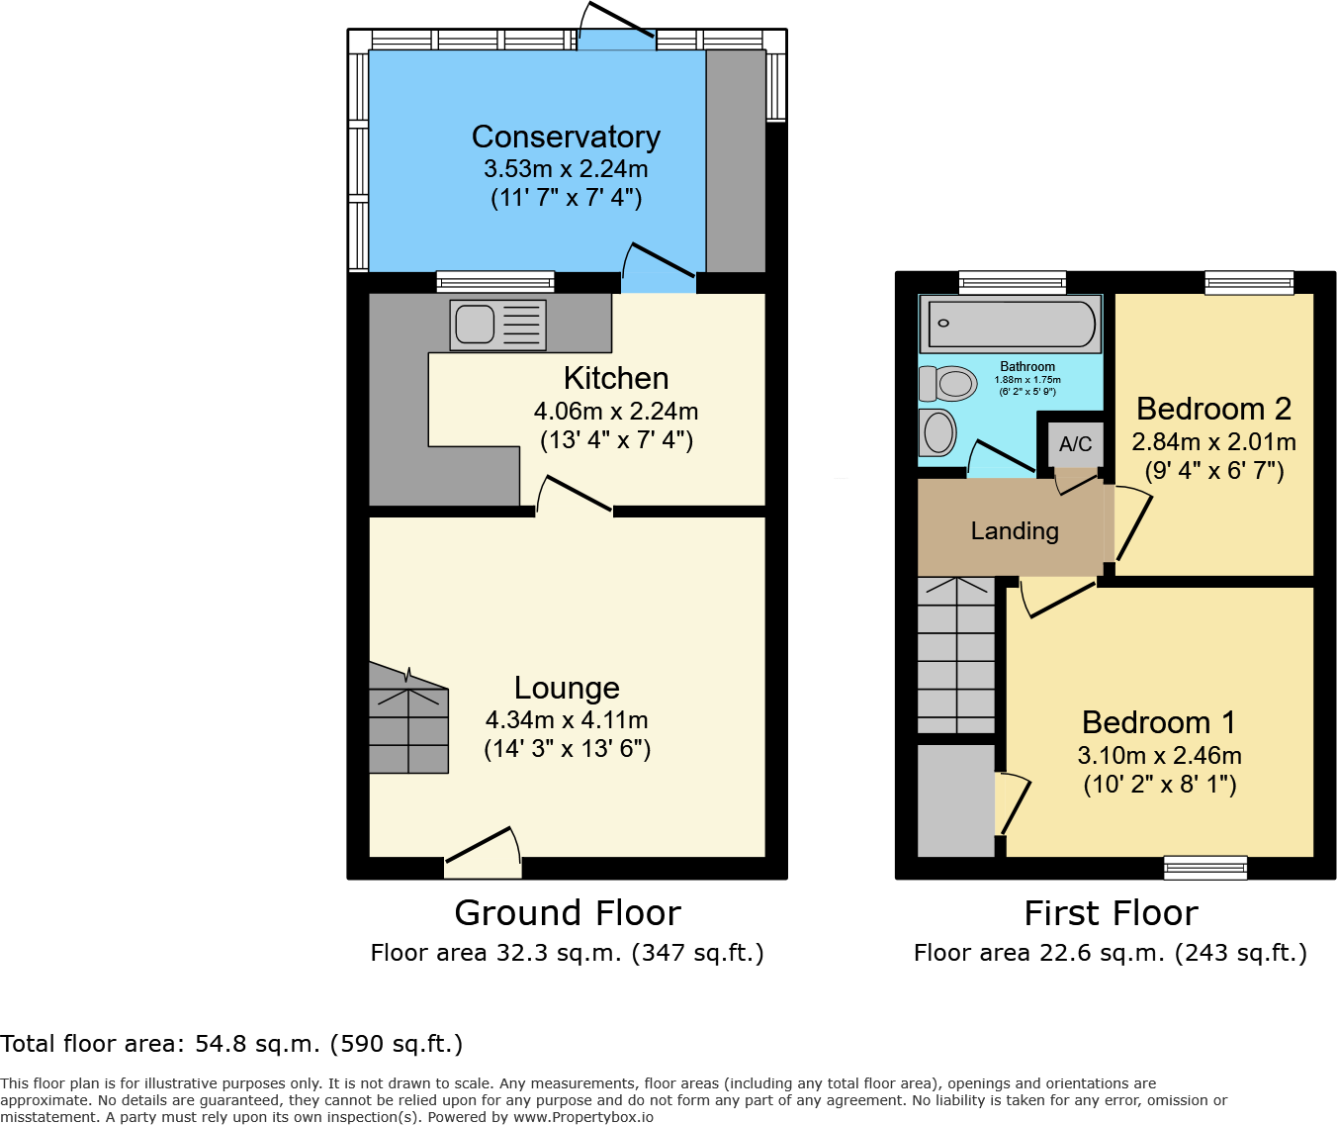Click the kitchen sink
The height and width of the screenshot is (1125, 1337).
[x=497, y=325]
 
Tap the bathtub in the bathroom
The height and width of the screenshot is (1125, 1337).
[x=1011, y=324]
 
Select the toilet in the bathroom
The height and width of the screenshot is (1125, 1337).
[x=947, y=383]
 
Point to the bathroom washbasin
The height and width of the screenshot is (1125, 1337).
[x=937, y=432]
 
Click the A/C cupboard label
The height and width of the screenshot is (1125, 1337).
[x=1075, y=443]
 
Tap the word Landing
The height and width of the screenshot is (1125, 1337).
[x=1015, y=531]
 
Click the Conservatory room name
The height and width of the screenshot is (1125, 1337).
[x=566, y=137]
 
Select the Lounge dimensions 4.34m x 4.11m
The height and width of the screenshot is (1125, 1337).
[x=567, y=720]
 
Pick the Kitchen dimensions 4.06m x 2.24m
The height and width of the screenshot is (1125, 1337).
[x=616, y=411]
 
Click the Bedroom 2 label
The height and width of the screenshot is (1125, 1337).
[x=1214, y=408]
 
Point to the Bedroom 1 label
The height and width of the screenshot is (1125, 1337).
[x=1159, y=722]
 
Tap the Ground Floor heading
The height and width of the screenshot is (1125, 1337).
[x=568, y=913]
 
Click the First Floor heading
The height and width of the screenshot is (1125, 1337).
[x=1111, y=913]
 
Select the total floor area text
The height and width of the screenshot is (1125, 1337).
[x=231, y=1044]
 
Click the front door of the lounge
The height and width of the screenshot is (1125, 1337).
[x=484, y=853]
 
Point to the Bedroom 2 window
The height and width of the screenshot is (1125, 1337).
[x=1249, y=283]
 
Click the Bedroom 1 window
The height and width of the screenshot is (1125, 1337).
[x=1205, y=868]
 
